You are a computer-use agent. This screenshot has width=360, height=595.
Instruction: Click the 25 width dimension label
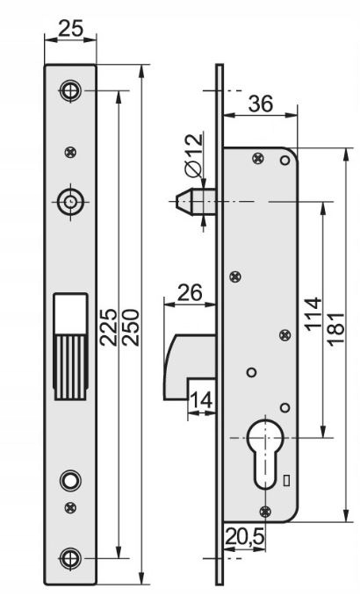[x=70, y=28]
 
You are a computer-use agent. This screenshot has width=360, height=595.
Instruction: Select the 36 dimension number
[x=260, y=103]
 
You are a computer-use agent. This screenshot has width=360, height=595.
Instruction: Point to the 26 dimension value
[x=191, y=292]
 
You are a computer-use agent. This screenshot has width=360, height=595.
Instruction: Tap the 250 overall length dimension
[x=131, y=327]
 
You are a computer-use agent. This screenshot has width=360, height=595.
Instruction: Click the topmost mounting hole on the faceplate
[x=70, y=90]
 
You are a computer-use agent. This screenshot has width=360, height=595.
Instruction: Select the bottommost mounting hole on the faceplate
[x=70, y=556]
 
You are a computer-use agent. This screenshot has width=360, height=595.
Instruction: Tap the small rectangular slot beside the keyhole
[x=287, y=479]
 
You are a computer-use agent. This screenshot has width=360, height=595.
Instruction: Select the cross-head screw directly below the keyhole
[x=264, y=511]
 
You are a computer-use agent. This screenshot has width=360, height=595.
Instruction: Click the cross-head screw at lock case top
[x=256, y=159]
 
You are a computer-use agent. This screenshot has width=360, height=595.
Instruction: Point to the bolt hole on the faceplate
[x=70, y=201]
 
